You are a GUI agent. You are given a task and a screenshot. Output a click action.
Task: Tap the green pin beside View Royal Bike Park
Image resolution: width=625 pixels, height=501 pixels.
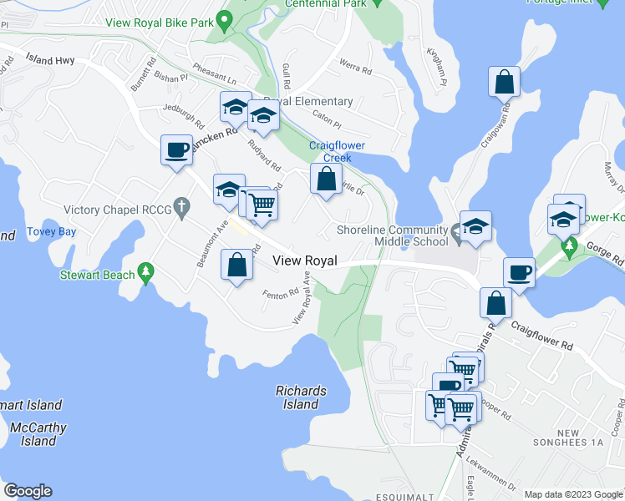click(x=223, y=18)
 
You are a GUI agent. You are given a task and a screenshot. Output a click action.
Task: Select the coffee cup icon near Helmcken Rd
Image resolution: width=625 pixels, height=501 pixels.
click(x=177, y=150)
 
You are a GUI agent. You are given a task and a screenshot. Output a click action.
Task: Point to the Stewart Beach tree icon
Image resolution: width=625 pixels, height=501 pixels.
click(x=146, y=272)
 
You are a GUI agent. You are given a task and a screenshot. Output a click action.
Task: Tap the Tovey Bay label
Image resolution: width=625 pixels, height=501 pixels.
click(x=51, y=231)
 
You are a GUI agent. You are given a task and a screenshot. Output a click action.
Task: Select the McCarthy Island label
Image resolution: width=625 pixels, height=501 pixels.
click(x=33, y=434)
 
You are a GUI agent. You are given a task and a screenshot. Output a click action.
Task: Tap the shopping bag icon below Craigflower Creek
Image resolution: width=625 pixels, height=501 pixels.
click(x=326, y=178)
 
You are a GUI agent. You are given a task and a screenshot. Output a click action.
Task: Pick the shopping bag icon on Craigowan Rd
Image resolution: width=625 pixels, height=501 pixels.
click(x=506, y=82)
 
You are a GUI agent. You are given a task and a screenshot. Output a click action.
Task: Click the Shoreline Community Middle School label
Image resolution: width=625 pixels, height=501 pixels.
click(x=393, y=236)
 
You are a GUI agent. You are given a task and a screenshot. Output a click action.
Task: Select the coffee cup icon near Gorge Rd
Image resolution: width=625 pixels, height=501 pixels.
click(x=520, y=272)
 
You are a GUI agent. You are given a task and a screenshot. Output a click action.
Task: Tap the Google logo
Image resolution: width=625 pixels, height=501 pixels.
click(x=28, y=491)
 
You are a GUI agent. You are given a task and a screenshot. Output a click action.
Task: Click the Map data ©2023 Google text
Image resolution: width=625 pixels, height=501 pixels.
click(x=573, y=494)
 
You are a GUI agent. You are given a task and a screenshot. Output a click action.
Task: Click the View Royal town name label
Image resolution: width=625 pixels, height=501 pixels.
click(x=305, y=261)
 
